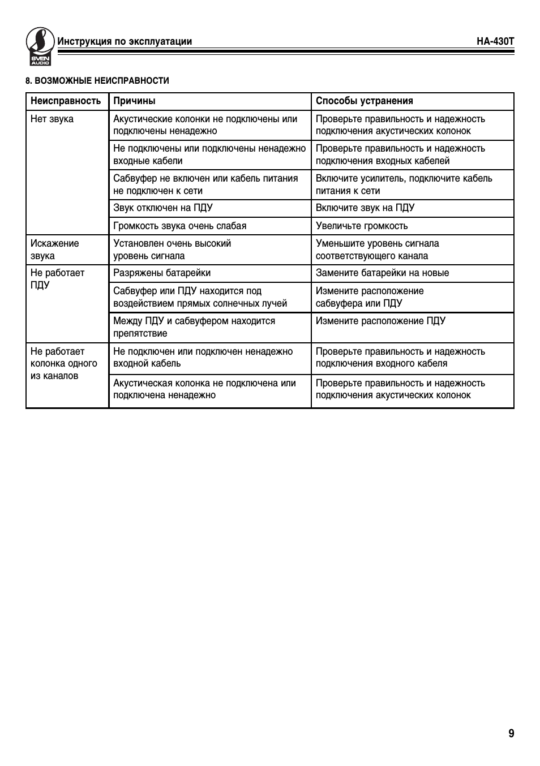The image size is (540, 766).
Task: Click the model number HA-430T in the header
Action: pos(495,41)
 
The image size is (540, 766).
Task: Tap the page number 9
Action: pos(511,734)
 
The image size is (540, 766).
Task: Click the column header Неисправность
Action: pos(66,101)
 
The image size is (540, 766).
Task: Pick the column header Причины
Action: pos(134,101)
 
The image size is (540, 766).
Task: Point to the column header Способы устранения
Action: pos(364,101)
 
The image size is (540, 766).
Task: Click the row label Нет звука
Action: pos(52,119)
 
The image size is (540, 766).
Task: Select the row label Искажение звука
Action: pos(54,249)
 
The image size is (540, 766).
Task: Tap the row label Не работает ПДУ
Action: pos(57,279)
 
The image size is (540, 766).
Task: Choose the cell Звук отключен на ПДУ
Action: pos(163,208)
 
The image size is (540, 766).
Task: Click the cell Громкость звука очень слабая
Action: pos(179,226)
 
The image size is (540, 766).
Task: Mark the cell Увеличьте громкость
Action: pos(361,226)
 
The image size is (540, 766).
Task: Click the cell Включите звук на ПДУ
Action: pos(365,208)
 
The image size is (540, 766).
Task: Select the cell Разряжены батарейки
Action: pos(162,273)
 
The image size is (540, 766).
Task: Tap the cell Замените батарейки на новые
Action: pos(382,273)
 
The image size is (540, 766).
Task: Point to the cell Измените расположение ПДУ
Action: pos(380,321)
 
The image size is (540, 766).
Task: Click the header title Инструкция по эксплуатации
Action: pos(125,41)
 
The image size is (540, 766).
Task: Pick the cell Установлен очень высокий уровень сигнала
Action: pos(172,249)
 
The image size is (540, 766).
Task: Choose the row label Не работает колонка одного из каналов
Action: pos(63,364)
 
